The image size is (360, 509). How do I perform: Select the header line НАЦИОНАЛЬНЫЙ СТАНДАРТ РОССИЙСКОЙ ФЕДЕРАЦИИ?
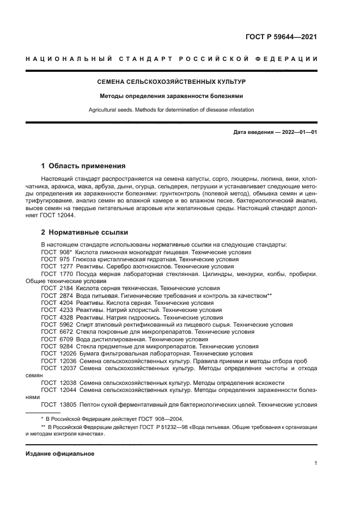tap(172, 59)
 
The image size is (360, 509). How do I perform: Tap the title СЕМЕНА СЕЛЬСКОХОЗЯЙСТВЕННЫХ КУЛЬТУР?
tap(172, 82)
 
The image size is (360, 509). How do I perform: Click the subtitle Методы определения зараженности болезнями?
tap(171, 96)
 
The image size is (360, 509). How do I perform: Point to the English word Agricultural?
tap(103, 110)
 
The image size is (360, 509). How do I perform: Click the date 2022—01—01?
tap(298, 132)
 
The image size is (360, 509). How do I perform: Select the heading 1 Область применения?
tap(83, 166)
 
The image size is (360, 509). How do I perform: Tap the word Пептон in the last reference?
tap(89, 405)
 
